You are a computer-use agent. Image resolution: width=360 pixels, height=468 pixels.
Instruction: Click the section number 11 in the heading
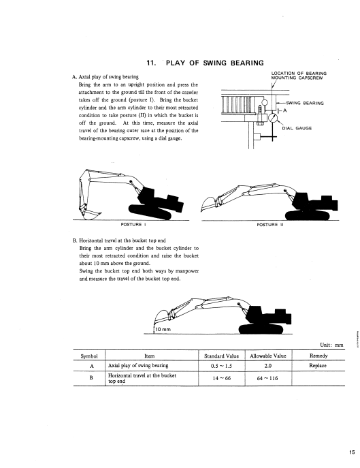coord(152,63)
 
